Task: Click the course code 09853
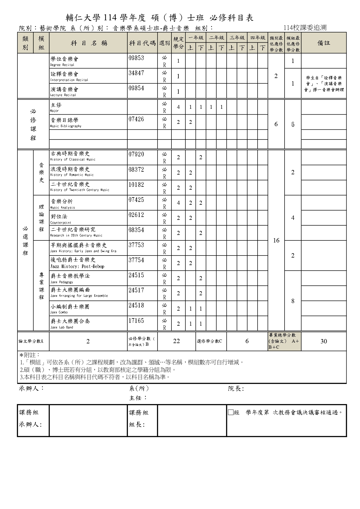(136, 58)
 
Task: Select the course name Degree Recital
(62, 65)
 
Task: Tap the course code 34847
(136, 73)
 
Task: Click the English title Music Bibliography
(66, 126)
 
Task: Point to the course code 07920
(136, 154)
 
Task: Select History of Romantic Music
(72, 175)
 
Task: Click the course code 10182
(136, 184)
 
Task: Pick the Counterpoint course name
(61, 223)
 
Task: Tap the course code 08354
(136, 230)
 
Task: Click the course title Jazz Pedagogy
(61, 282)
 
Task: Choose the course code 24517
(136, 290)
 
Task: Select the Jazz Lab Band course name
(61, 327)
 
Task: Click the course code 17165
(136, 320)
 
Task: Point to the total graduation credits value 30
(324, 341)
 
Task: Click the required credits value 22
(176, 341)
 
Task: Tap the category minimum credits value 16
(276, 240)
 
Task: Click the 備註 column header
(324, 43)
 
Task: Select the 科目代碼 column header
(142, 43)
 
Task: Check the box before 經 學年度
(231, 412)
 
